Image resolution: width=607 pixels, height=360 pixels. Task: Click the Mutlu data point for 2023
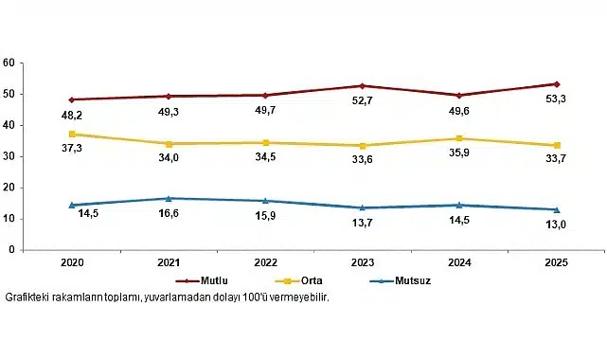pos(363,86)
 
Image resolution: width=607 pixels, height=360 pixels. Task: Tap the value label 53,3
pos(557,101)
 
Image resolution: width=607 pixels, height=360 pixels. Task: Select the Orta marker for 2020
pos(72,134)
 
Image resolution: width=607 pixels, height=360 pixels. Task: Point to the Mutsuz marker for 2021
pos(169,198)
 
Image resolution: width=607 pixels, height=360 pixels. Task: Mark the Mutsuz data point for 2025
pos(556,209)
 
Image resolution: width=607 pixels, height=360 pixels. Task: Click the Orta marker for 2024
pos(459,138)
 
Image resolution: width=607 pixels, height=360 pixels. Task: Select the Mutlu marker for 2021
pos(169,96)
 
